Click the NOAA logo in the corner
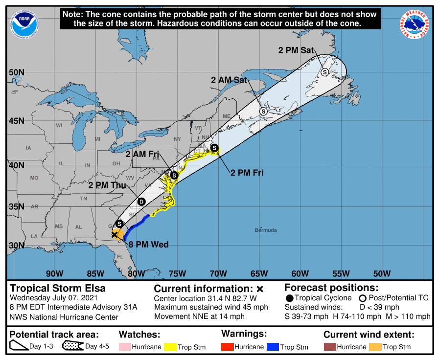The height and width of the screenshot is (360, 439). tap(23, 22)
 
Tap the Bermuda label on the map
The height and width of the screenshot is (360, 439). tap(266, 230)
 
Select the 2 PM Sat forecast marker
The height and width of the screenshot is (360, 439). tap(324, 72)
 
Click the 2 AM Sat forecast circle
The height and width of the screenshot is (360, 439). tap(263, 112)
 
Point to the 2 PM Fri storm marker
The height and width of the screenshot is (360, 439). tap(214, 147)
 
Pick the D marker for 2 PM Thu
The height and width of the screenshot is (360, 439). tap(141, 202)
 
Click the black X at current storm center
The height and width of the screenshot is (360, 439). tap(115, 235)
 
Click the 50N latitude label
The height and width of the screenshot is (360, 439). tap(16, 72)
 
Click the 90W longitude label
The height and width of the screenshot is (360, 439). tap(54, 273)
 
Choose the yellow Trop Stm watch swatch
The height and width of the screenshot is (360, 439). tap(170, 347)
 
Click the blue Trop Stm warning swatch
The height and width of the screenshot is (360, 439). tap(273, 347)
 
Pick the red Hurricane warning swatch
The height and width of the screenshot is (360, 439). tap(228, 347)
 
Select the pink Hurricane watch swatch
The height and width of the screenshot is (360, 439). tap(125, 347)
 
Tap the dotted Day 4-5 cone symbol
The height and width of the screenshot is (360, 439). tap(72, 347)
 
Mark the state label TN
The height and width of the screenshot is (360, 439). tap(84, 199)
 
